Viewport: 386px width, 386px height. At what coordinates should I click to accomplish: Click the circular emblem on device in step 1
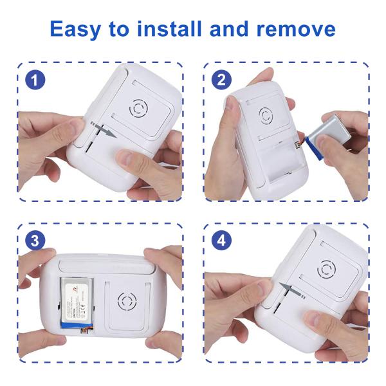(x=140, y=108)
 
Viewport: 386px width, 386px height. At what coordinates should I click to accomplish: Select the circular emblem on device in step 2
(x=266, y=116)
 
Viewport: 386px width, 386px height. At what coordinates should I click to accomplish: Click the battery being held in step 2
(x=329, y=134)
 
